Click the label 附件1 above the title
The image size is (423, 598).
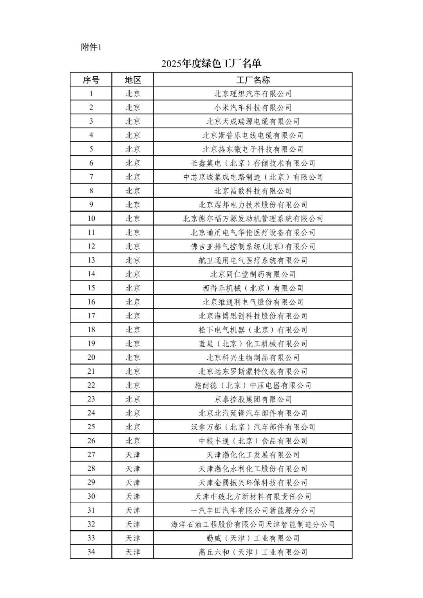pos(91,47)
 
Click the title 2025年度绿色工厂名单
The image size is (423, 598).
pos(211,63)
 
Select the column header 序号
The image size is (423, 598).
pos(91,80)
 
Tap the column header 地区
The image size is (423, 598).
pos(133,80)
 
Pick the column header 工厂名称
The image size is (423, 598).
pos(253,80)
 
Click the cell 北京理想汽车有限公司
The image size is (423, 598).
pos(253,94)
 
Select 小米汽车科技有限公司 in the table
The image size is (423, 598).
pos(253,108)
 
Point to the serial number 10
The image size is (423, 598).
pos(91,218)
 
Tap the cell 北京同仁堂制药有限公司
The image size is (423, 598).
pos(253,274)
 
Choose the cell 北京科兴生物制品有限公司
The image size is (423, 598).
pos(253,357)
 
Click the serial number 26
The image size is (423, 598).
pos(91,441)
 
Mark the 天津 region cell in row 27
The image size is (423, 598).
pos(133,455)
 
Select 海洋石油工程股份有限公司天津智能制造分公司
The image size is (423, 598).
pos(253,524)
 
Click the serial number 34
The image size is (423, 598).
pos(91,552)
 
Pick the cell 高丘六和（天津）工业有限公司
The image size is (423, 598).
pos(253,552)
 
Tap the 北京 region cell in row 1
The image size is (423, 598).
pos(133,94)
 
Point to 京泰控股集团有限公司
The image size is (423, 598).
pos(253,399)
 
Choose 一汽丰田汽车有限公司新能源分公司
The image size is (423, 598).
pos(253,510)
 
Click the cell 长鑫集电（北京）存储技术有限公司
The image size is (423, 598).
pos(253,163)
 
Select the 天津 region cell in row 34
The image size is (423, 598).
pos(133,552)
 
